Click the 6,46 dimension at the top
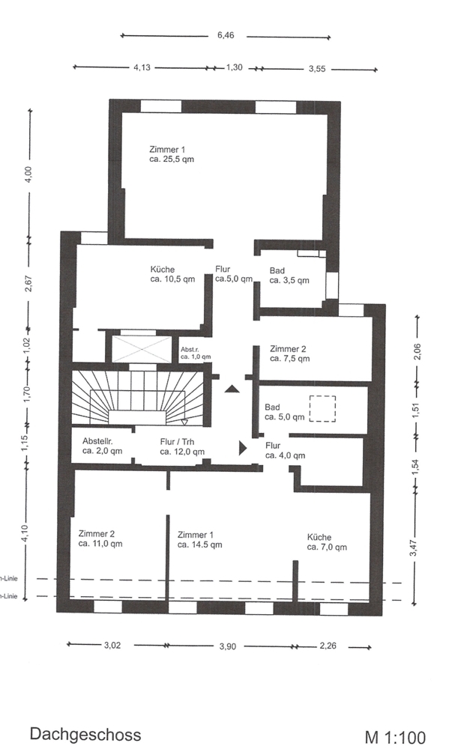[x=226, y=35]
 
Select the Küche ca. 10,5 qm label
[x=172, y=274]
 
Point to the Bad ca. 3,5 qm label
[x=289, y=276]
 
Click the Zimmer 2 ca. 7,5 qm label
[x=289, y=354]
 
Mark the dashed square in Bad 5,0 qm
[x=322, y=409]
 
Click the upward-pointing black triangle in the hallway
[x=232, y=389]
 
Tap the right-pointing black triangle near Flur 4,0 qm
[x=243, y=448]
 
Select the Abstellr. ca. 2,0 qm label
[x=102, y=446]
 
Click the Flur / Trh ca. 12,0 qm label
[x=182, y=446]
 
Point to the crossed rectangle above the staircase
[x=141, y=349]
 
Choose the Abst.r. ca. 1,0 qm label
[x=196, y=353]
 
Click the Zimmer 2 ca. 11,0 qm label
[x=100, y=539]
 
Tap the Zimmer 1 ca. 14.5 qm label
[x=200, y=540]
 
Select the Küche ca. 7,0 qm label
[x=327, y=542]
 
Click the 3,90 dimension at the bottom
[x=228, y=646]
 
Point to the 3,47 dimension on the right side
[x=414, y=548]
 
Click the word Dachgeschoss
[x=85, y=734]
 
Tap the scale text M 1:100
[x=395, y=737]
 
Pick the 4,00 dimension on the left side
[x=29, y=175]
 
